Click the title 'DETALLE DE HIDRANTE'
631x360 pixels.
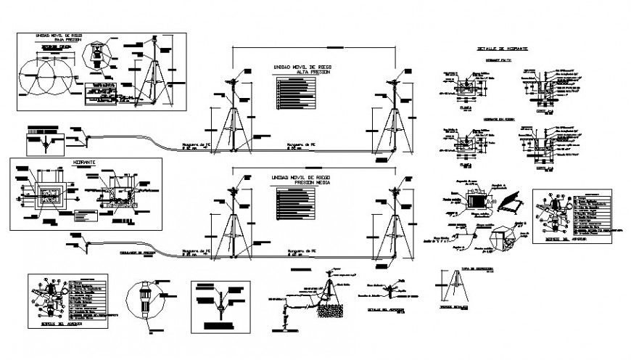click(502, 49)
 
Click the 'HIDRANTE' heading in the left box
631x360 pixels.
click(84, 163)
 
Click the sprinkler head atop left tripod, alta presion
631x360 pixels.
click(232, 81)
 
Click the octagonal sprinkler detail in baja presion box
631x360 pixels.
click(96, 55)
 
